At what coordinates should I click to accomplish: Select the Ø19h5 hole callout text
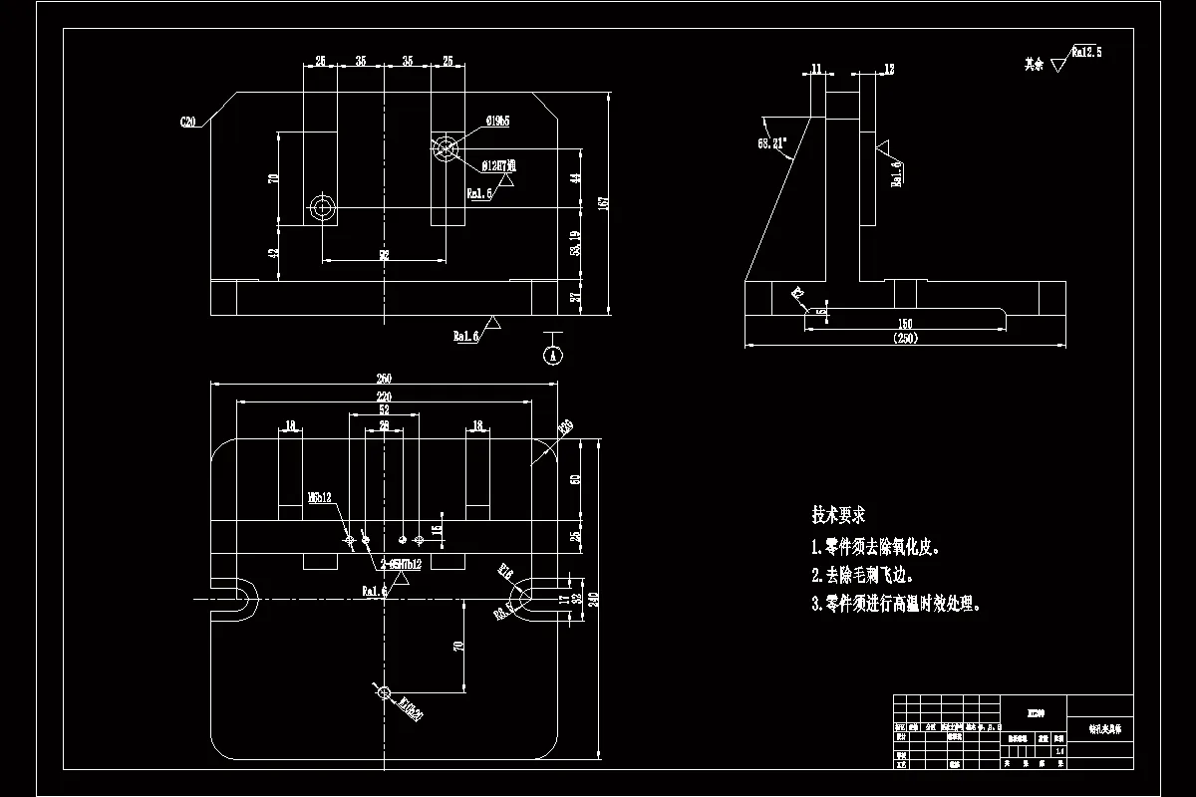498,122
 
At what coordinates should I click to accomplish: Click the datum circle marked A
554,354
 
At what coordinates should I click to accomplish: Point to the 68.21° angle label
772,143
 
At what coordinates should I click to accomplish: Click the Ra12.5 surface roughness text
1086,52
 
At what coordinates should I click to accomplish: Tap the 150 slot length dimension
904,324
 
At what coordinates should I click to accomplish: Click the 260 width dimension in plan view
384,379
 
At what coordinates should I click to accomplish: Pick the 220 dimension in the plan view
384,396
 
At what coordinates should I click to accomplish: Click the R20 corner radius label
565,427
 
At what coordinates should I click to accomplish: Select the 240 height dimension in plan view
594,599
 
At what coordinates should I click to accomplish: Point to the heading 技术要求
838,516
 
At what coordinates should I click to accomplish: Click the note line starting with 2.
863,576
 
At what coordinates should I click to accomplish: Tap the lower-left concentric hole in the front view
322,208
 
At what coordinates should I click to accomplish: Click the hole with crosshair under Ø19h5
445,147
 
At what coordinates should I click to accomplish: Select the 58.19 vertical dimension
575,243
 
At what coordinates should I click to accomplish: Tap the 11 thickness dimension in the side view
817,69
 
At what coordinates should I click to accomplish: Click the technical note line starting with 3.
897,605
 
